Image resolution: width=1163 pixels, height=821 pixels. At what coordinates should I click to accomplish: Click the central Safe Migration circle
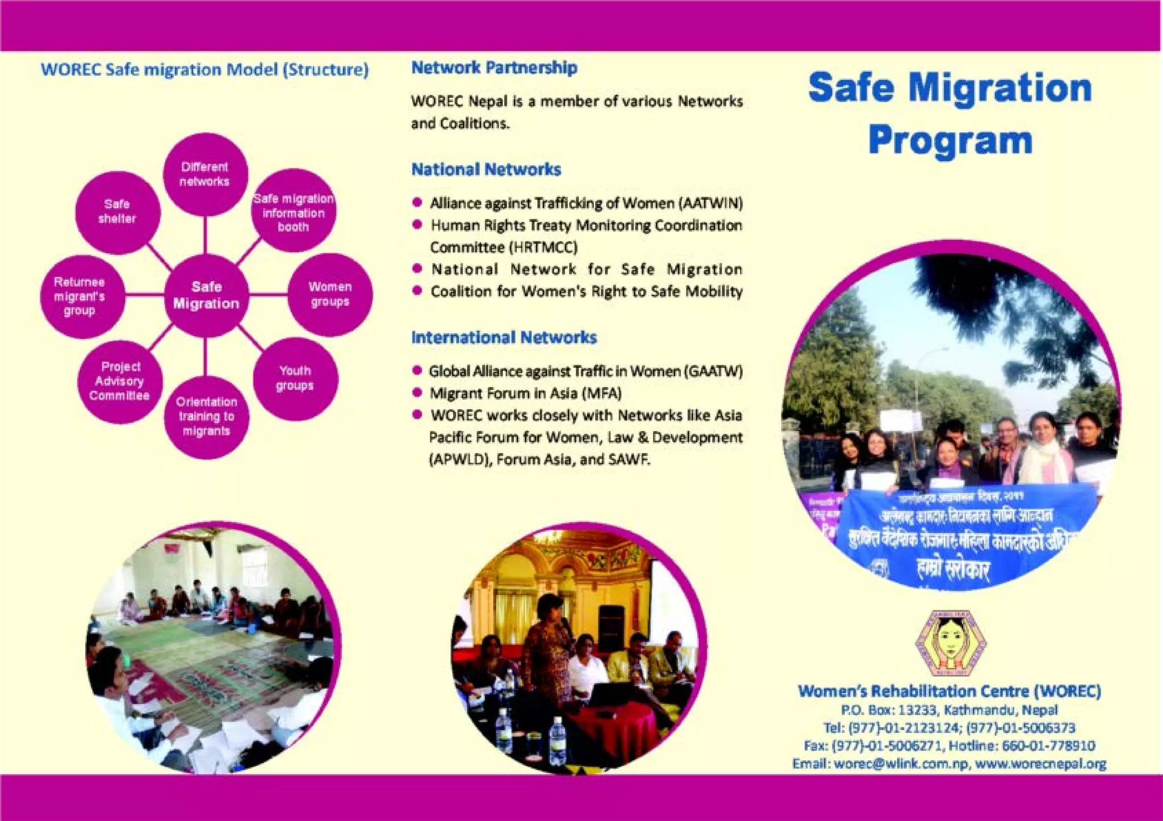(x=206, y=295)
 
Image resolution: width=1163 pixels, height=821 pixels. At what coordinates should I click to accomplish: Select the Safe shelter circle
(x=118, y=212)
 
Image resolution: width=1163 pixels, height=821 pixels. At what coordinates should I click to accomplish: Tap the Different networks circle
(x=204, y=174)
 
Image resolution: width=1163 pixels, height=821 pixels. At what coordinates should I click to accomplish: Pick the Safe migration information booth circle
(x=294, y=212)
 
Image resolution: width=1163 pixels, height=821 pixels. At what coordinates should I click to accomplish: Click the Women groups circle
(x=330, y=294)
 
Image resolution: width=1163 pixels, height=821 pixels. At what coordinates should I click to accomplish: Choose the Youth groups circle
(x=295, y=378)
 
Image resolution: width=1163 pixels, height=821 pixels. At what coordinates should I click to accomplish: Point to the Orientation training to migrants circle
(x=206, y=416)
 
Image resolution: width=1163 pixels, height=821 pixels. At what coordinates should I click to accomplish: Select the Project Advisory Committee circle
(x=120, y=381)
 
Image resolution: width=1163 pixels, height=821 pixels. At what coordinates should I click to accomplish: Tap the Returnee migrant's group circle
(x=81, y=296)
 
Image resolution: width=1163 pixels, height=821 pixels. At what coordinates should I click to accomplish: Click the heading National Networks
(x=486, y=169)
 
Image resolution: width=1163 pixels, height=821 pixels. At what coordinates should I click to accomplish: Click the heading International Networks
(x=504, y=337)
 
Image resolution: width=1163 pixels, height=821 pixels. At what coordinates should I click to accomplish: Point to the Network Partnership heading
(x=494, y=68)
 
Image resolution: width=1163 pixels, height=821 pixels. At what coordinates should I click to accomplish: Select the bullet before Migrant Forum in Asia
(x=417, y=393)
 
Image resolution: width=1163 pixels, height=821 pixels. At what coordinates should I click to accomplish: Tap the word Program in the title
(x=949, y=141)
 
